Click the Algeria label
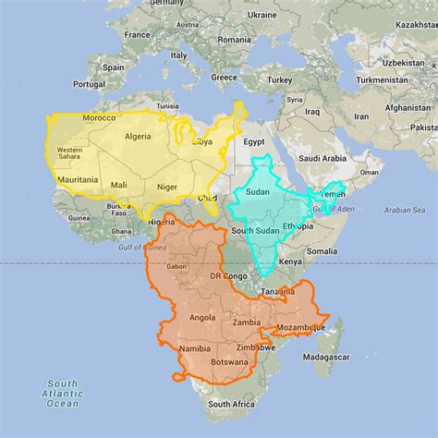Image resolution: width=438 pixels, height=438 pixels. click(137, 136)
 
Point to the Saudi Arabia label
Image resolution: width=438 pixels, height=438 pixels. click(322, 158)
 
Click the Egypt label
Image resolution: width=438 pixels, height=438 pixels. click(255, 142)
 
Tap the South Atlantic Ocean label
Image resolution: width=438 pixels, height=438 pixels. click(63, 393)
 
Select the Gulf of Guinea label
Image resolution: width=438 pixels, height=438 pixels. click(141, 247)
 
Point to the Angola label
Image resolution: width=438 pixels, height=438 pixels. click(201, 317)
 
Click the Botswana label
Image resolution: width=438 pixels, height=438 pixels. click(227, 362)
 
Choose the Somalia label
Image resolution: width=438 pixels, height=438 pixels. click(322, 251)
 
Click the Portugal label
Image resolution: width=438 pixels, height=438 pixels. click(89, 83)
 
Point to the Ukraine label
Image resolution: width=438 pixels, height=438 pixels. click(262, 16)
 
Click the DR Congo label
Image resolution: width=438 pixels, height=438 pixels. click(227, 276)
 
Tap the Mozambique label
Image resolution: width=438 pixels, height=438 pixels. click(302, 328)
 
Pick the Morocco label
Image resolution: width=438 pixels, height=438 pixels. click(99, 118)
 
